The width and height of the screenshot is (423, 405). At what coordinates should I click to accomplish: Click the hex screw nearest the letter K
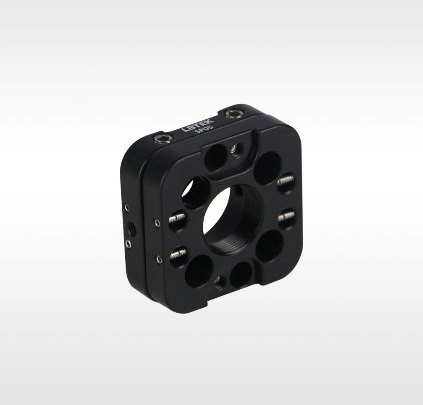click(x=233, y=114)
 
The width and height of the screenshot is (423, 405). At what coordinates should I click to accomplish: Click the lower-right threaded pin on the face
click(x=287, y=217)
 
